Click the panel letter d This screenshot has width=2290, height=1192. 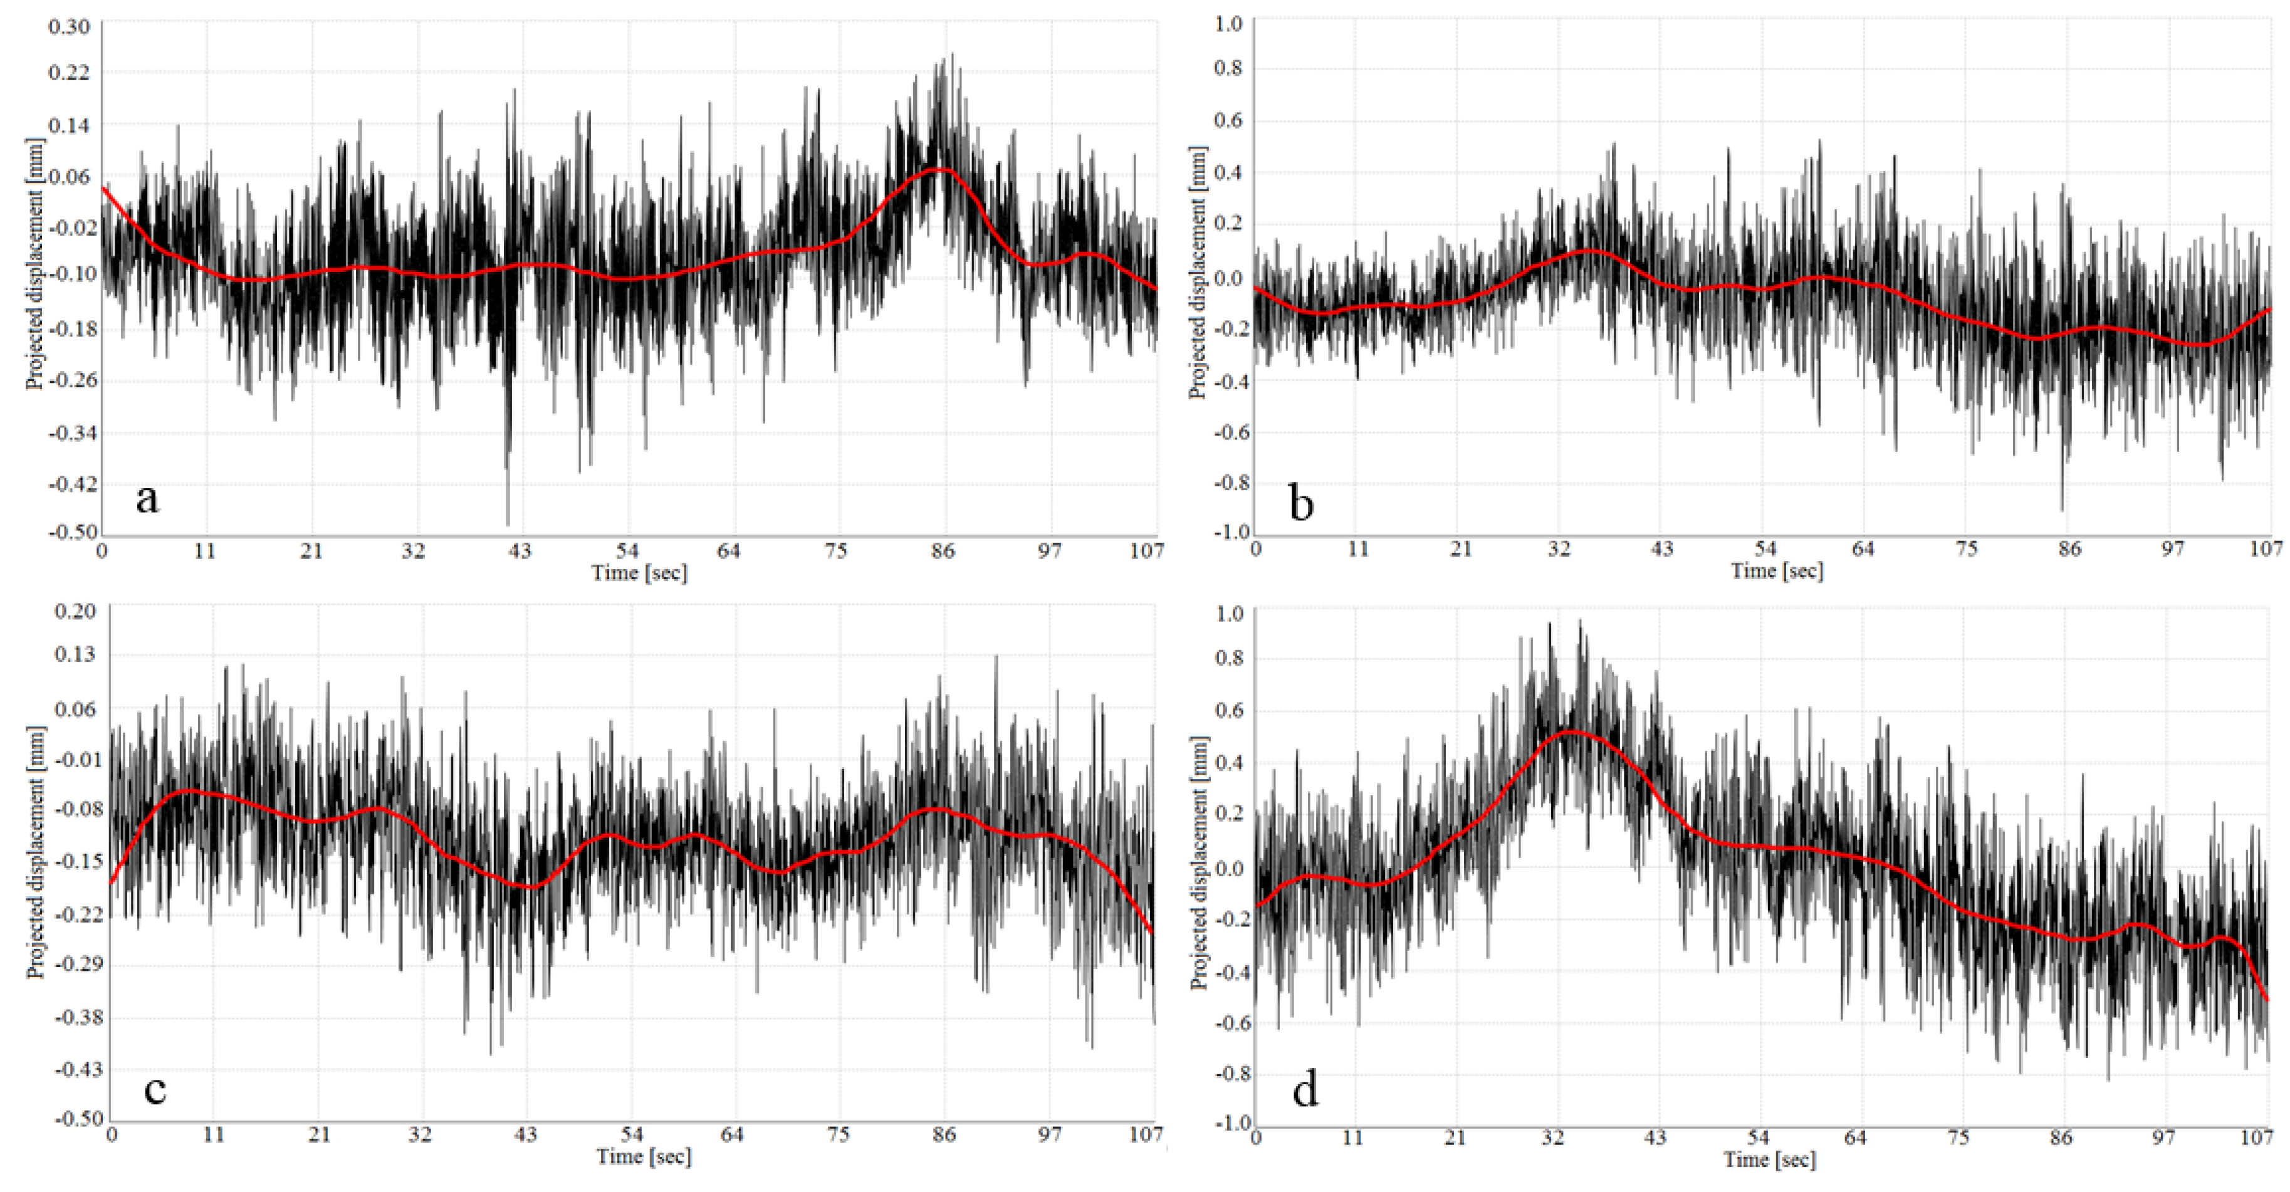click(1305, 1090)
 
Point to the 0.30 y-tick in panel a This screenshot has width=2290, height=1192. click(70, 27)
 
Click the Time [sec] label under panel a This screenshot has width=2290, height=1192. click(639, 573)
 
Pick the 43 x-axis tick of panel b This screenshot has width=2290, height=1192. click(1661, 550)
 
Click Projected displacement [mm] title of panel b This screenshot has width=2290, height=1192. click(1198, 273)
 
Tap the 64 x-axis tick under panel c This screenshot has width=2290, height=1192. click(731, 1135)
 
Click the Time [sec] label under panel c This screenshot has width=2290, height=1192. click(644, 1156)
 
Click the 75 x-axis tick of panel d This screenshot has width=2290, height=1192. click(1958, 1137)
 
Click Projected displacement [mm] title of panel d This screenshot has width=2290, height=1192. click(1200, 863)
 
